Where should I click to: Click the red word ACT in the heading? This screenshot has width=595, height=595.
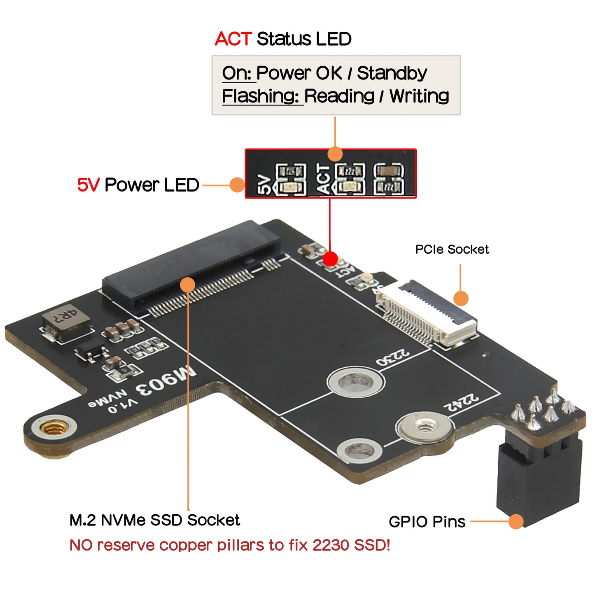click(233, 39)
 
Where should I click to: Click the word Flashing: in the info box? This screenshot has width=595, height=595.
click(260, 96)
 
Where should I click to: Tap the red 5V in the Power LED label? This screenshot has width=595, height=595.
click(88, 185)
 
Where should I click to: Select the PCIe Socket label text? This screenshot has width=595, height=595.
click(452, 250)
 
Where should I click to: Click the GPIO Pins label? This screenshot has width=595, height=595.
click(427, 522)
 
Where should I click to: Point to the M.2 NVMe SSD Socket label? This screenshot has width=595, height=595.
click(154, 520)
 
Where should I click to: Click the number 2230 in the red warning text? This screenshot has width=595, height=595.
click(331, 545)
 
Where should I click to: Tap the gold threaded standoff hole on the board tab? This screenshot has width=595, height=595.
click(53, 428)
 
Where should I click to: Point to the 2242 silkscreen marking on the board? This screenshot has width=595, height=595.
click(461, 402)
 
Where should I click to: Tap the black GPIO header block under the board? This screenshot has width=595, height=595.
click(539, 478)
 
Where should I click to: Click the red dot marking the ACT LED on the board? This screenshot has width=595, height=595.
click(330, 259)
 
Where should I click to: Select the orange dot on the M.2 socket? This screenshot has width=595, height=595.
click(188, 285)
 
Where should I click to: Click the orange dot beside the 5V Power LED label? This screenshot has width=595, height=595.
click(237, 185)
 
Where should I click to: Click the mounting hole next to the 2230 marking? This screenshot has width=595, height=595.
click(356, 383)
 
